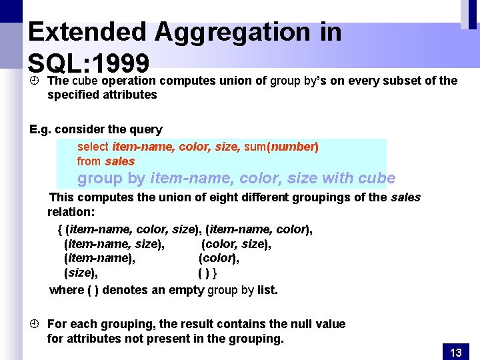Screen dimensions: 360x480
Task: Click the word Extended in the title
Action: [x=87, y=32]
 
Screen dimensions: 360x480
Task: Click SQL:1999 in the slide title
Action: [x=88, y=63]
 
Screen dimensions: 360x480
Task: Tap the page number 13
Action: [x=456, y=353]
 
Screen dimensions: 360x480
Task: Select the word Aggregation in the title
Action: [x=231, y=32]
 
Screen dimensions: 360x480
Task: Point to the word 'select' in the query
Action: [x=93, y=147]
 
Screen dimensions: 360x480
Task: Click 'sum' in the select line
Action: [x=253, y=147]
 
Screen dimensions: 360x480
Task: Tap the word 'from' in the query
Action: [x=89, y=161]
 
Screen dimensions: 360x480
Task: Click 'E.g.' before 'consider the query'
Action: [x=41, y=129]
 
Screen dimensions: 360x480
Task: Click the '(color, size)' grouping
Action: [x=236, y=244]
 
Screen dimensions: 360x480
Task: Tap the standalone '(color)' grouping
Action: [x=219, y=258]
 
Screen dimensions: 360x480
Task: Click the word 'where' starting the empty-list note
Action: [x=67, y=290]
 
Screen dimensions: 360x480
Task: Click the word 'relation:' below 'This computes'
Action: [x=71, y=212]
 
